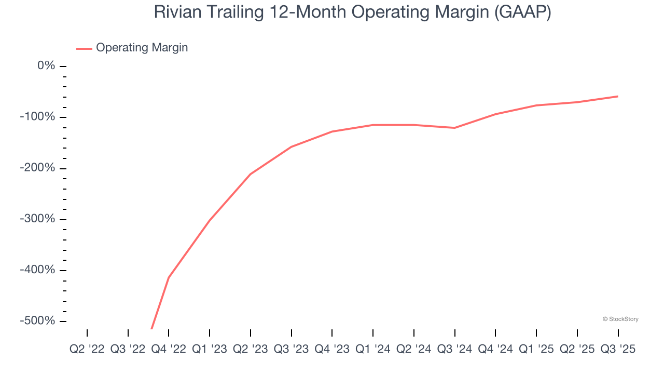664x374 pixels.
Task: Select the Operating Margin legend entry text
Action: (142, 48)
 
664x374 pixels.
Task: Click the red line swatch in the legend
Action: (84, 48)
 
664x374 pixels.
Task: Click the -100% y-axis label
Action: (37, 117)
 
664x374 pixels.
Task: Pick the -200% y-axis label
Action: (37, 168)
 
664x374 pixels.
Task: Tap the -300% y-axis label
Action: (37, 219)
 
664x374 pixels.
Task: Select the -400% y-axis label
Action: (37, 270)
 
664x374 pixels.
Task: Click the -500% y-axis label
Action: (37, 321)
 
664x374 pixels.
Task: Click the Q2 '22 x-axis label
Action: (87, 350)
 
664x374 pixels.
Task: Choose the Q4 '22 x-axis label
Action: (169, 350)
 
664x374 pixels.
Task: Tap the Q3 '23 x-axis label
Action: (291, 350)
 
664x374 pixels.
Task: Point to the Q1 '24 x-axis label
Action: (373, 350)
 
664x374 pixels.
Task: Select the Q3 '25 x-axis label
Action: (618, 350)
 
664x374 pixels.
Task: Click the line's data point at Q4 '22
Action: (169, 277)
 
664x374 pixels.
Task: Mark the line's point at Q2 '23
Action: (251, 174)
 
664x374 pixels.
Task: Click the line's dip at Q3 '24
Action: (455, 128)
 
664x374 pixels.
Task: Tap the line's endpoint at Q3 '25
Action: (618, 96)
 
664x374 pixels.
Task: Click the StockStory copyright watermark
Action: (620, 319)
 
